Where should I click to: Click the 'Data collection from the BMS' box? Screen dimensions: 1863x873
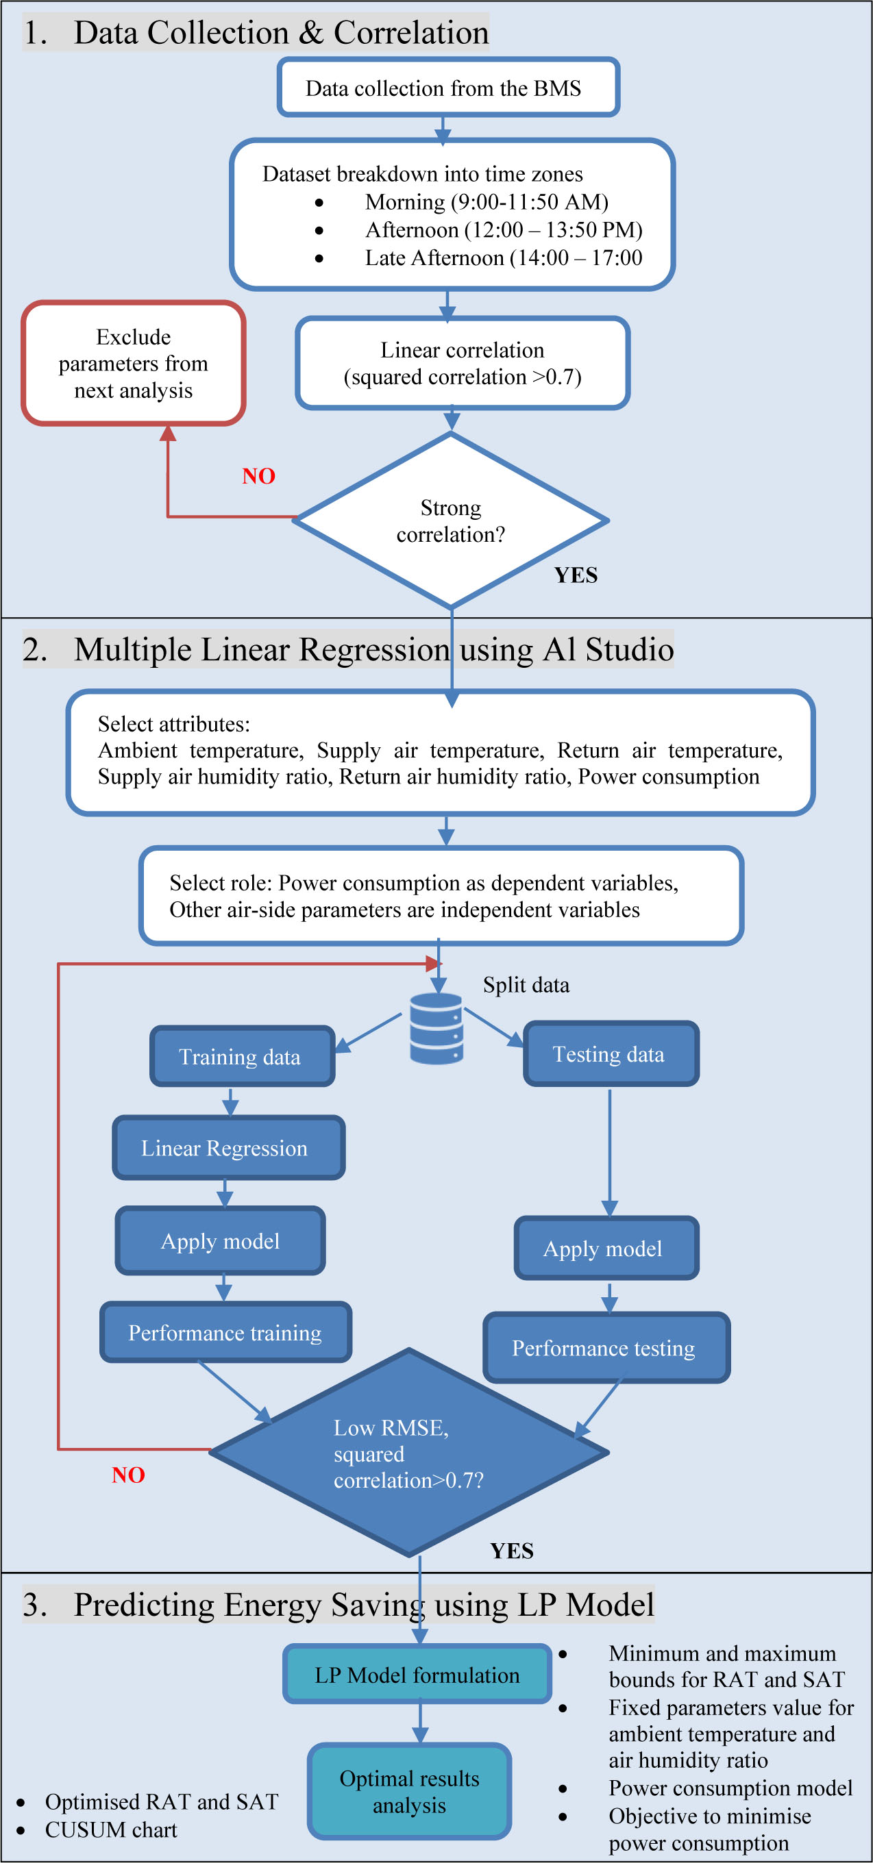[x=447, y=88]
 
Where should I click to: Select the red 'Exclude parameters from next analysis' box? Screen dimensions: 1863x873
[x=134, y=363]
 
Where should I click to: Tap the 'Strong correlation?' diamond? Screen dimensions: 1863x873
[x=451, y=521]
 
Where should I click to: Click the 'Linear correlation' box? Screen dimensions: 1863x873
[x=462, y=363]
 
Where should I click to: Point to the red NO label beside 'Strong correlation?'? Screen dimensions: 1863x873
[x=258, y=476]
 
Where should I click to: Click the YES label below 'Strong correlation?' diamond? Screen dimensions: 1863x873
[x=576, y=575]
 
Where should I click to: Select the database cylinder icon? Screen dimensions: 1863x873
[x=436, y=1027]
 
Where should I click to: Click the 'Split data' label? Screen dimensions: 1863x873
[x=526, y=985]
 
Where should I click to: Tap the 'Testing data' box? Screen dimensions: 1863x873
[x=611, y=1053]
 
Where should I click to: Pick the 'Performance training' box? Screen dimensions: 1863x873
[x=225, y=1332]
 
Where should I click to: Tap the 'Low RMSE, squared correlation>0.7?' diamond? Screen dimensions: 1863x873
[x=409, y=1453]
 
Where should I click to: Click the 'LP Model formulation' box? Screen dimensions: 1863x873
[x=417, y=1675]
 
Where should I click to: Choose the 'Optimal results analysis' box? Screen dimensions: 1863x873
[x=409, y=1791]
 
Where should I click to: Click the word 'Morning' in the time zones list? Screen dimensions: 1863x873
[x=404, y=202]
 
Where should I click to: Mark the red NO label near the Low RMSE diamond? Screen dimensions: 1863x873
[x=128, y=1475]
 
